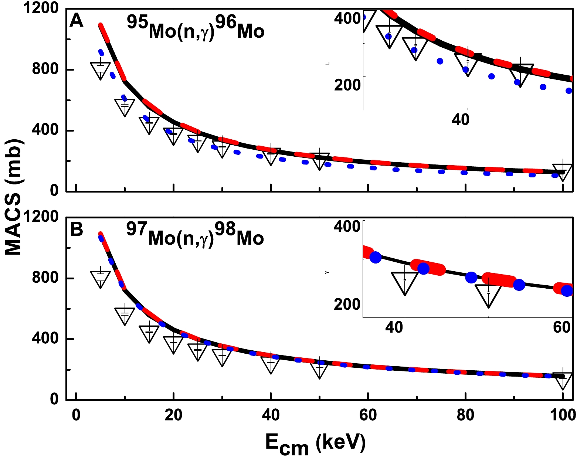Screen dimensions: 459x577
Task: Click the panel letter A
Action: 77,21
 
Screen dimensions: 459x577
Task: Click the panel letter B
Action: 77,229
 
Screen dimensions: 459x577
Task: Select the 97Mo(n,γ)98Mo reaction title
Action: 195,235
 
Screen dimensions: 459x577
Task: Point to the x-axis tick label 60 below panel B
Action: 368,415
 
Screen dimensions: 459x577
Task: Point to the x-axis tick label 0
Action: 76,415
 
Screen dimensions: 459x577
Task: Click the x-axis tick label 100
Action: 563,415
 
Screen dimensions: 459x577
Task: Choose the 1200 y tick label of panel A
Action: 41,8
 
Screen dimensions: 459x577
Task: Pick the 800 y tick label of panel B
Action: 45,278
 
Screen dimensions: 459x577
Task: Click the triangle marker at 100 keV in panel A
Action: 563,171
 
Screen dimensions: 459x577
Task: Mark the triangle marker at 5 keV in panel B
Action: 101,278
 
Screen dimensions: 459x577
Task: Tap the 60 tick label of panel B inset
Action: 562,327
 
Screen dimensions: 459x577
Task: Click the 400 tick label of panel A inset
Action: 347,18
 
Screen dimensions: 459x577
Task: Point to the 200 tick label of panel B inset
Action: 347,304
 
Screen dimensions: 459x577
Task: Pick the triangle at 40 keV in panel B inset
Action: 405,282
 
